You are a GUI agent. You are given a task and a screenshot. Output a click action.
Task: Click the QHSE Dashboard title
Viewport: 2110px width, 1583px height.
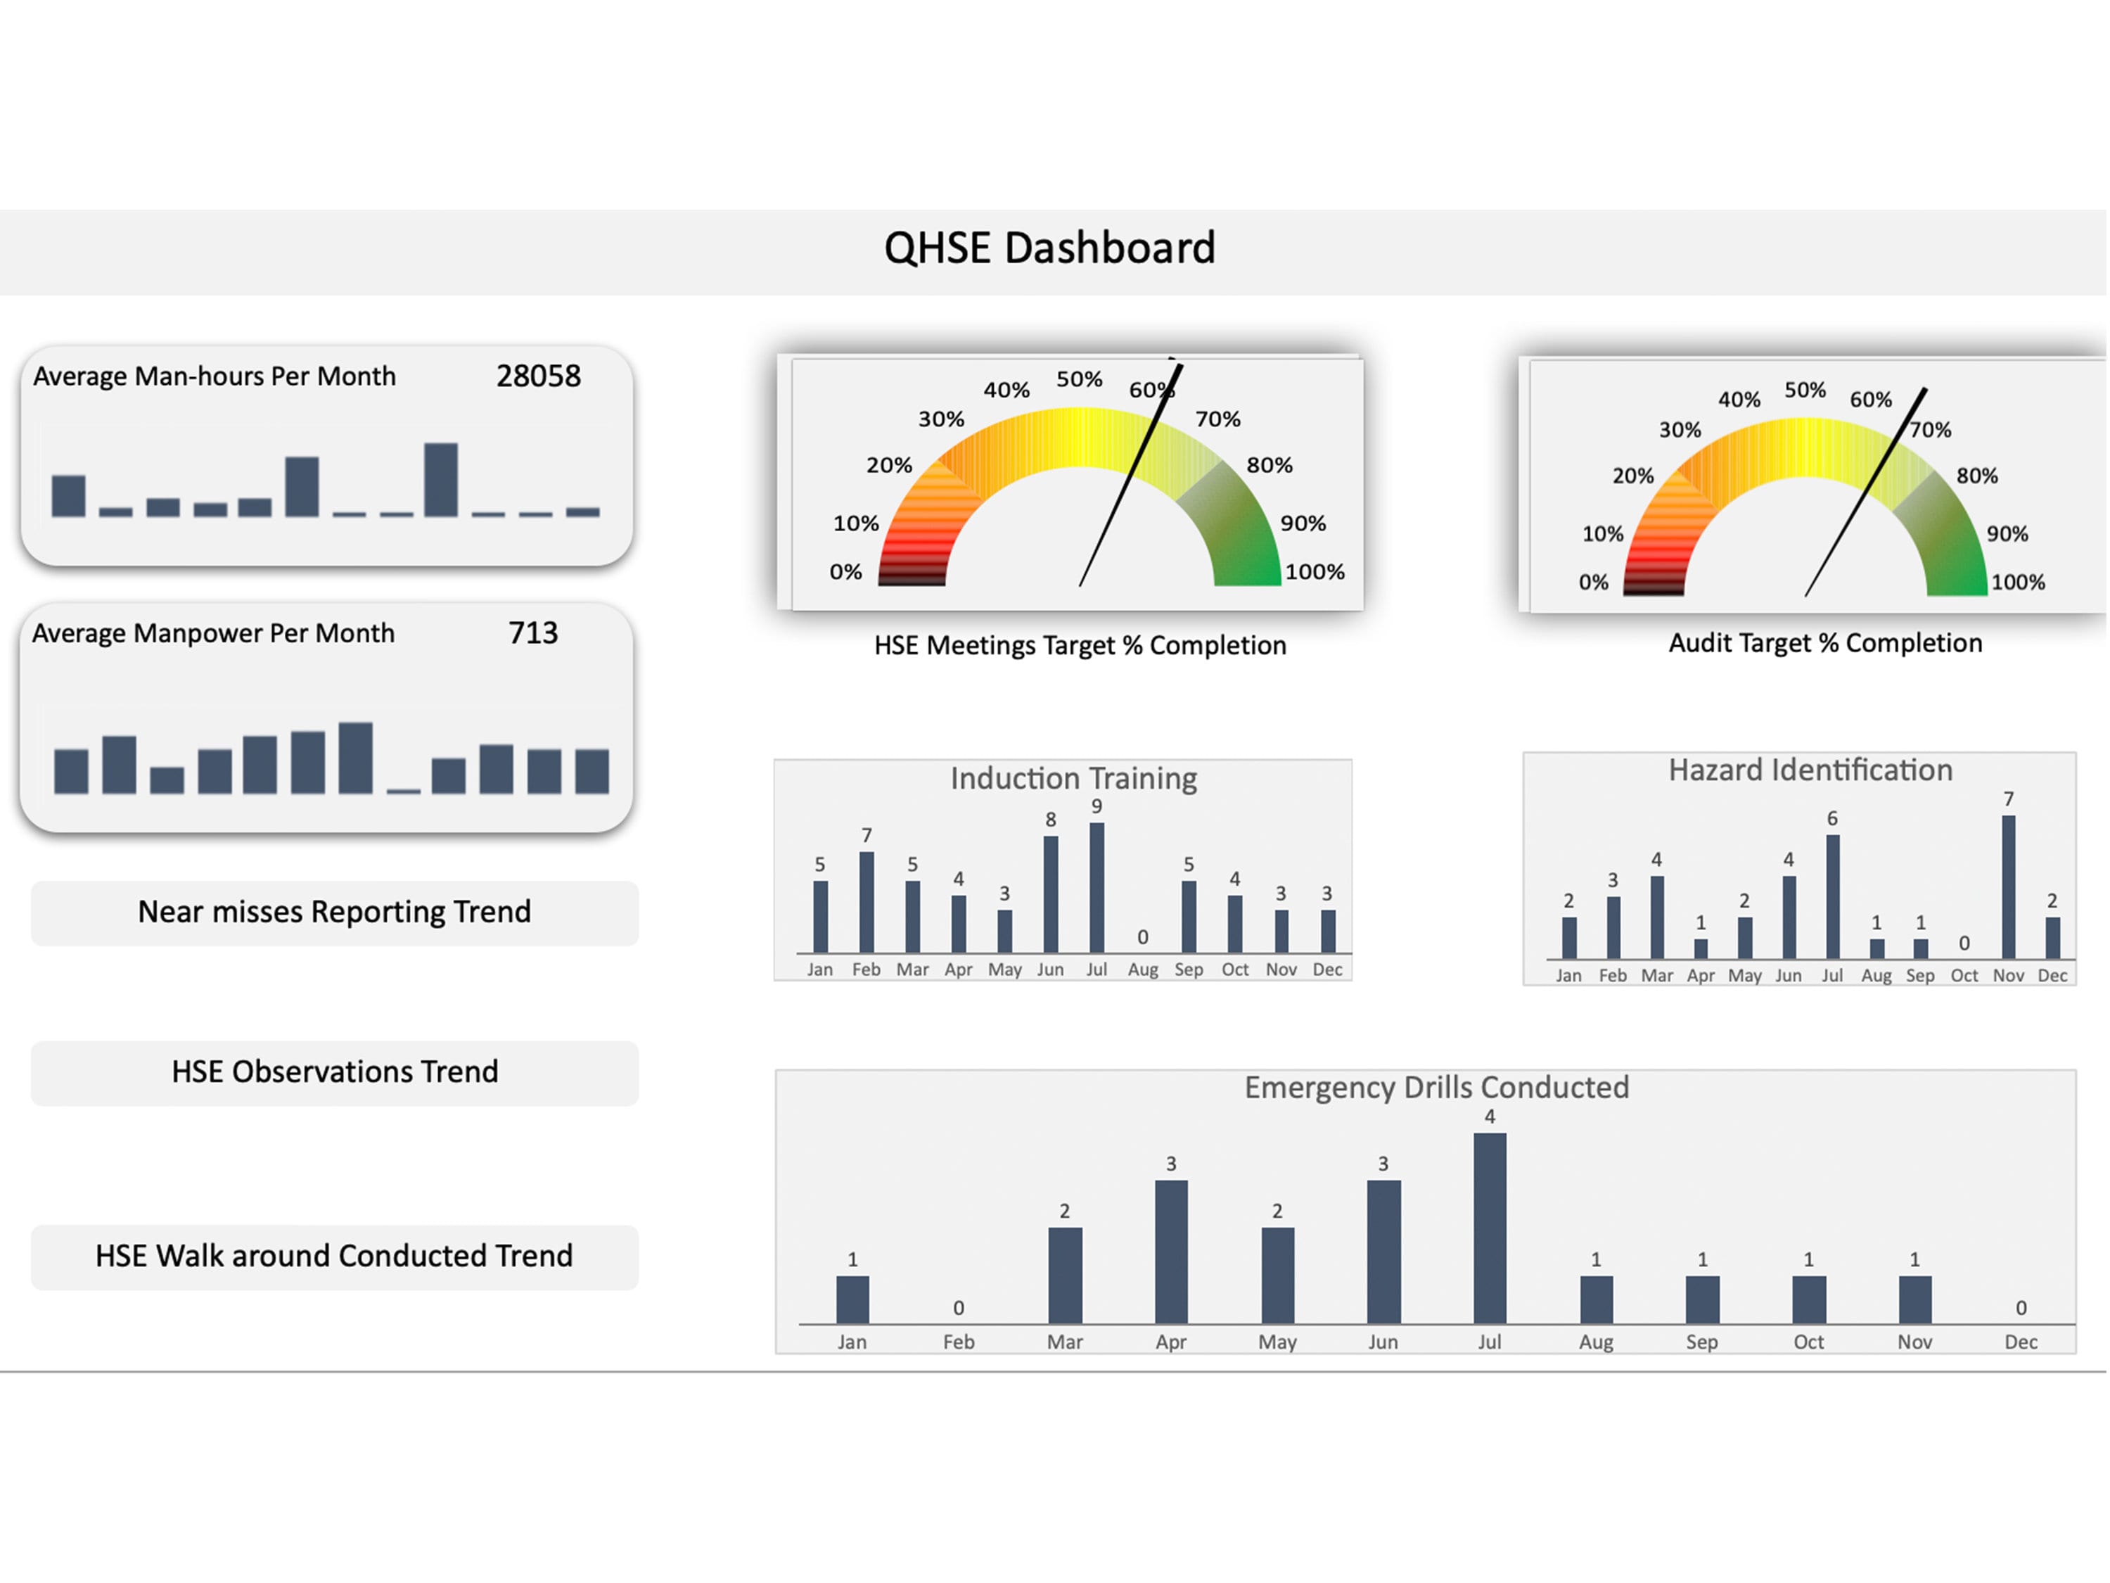pos(1049,248)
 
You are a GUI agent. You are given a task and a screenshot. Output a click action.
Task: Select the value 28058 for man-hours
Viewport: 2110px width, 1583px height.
pos(538,376)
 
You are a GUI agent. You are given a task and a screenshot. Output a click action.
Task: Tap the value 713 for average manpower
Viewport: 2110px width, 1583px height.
pos(532,632)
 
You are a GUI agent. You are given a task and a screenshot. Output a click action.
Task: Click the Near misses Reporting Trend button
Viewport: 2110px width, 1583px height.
pos(334,913)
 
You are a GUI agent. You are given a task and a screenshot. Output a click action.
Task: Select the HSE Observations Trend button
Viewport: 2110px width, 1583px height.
pos(334,1072)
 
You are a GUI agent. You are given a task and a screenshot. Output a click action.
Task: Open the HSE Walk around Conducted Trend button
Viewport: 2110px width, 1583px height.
pos(334,1256)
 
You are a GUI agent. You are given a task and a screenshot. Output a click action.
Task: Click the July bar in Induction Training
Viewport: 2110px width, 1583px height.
pos(1097,887)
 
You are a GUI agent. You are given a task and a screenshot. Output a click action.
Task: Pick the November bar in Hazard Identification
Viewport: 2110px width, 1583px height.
pos(2008,887)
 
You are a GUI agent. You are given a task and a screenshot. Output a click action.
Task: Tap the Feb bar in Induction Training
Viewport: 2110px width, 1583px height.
pos(866,903)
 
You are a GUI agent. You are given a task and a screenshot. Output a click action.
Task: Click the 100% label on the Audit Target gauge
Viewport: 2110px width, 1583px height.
pos(2017,582)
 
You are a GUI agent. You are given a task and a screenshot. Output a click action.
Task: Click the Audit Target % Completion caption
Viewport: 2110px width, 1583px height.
pos(1824,643)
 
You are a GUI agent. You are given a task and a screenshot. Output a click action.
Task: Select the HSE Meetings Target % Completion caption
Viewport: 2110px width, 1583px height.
pos(1080,646)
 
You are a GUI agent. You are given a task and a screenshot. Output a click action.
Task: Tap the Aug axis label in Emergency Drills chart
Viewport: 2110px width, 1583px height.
pos(1596,1342)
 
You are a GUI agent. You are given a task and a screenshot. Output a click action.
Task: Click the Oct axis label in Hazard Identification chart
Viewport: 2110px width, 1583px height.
pos(1964,975)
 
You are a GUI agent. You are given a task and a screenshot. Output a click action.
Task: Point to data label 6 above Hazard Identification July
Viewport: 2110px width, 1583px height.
pos(1831,819)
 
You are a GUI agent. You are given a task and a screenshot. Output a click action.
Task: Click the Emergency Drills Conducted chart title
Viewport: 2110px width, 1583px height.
pos(1436,1088)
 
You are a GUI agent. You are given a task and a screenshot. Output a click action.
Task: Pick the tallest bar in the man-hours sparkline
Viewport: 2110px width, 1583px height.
pos(441,479)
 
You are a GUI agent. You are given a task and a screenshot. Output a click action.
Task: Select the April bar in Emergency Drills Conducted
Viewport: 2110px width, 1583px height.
pos(1171,1251)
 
